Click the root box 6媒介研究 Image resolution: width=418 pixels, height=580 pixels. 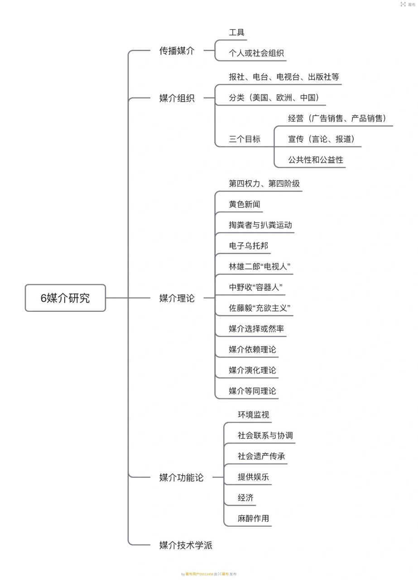tap(65, 298)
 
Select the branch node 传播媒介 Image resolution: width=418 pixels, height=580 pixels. tap(177, 51)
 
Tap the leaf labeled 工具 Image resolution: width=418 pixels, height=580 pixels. tap(236, 33)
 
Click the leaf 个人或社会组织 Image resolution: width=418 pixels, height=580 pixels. tap(256, 53)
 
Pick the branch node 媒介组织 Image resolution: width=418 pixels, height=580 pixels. tap(177, 98)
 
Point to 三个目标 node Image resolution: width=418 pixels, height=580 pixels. tap(245, 139)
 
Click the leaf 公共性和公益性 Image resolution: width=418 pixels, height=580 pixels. tap(316, 160)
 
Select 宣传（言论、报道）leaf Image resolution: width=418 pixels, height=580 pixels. tap(321, 139)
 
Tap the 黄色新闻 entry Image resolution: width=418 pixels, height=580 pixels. tap(245, 204)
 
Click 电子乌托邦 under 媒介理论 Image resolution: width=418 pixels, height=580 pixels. tap(249, 246)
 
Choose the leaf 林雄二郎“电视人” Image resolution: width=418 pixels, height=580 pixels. tap(259, 267)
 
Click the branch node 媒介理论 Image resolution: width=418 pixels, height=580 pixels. tap(177, 298)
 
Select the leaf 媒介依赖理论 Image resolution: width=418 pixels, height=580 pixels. tap(252, 349)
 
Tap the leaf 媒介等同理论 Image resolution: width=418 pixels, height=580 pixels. tap(252, 391)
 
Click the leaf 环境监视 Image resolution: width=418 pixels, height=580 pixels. tap(254, 415)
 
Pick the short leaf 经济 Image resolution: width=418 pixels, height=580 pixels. tap(245, 498)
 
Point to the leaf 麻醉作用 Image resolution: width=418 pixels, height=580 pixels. tap(253, 518)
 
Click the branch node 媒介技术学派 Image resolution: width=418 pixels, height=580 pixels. tap(186, 545)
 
